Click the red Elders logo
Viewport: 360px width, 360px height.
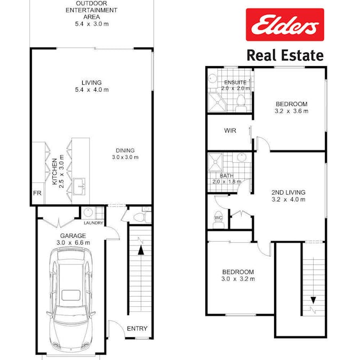pyautogui.click(x=285, y=25)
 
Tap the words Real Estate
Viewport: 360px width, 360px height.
pyautogui.click(x=285, y=55)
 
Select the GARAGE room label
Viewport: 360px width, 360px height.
pyautogui.click(x=73, y=236)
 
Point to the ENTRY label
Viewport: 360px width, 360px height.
pyautogui.click(x=137, y=329)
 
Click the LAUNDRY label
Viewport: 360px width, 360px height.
pyautogui.click(x=93, y=223)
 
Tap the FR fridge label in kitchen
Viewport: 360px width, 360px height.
pyautogui.click(x=37, y=193)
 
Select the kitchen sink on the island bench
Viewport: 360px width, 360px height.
pyautogui.click(x=79, y=187)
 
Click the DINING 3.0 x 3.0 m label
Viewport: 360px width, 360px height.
pyautogui.click(x=125, y=154)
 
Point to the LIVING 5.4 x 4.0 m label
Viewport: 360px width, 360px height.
pyautogui.click(x=92, y=86)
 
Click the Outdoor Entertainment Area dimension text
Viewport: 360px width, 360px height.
pyautogui.click(x=92, y=24)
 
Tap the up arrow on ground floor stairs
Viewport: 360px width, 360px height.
pyautogui.click(x=140, y=250)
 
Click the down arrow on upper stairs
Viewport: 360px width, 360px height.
pyautogui.click(x=313, y=300)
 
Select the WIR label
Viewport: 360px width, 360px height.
pyautogui.click(x=230, y=131)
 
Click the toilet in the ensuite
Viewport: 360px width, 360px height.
pyautogui.click(x=241, y=104)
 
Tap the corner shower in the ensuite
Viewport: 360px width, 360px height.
pyautogui.click(x=217, y=102)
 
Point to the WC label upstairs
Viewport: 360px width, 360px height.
pyautogui.click(x=218, y=218)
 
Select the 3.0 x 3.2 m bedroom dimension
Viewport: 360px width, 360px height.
pyautogui.click(x=238, y=279)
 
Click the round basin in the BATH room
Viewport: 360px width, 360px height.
pyautogui.click(x=242, y=158)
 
